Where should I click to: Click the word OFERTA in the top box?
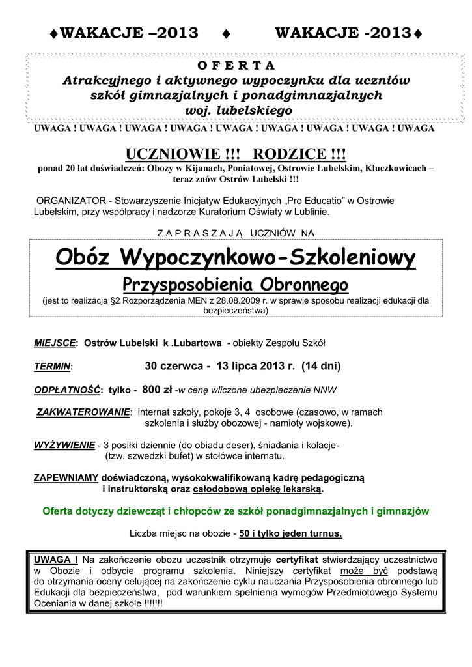click(235, 66)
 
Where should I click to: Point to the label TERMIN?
click(53, 367)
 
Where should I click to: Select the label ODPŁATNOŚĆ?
click(68, 390)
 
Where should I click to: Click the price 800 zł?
click(157, 390)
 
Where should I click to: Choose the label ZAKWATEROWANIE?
click(83, 412)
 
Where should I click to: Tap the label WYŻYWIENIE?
click(64, 446)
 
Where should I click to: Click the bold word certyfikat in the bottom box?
click(298, 559)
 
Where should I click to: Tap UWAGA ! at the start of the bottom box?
click(56, 559)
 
